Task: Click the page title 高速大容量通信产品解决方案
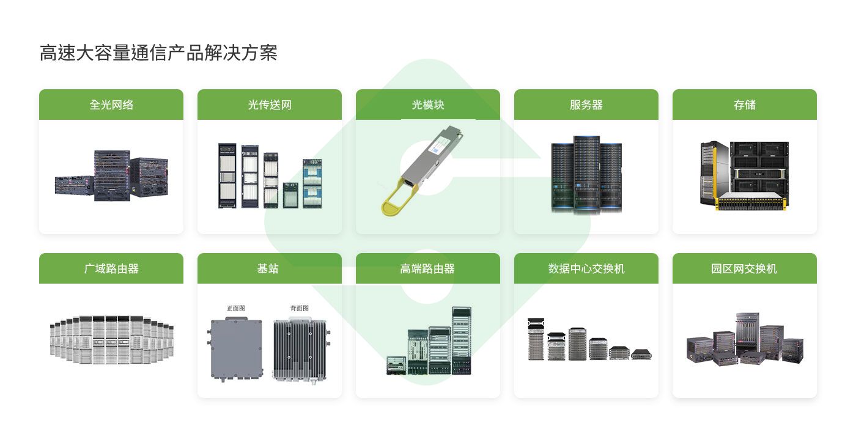[158, 53]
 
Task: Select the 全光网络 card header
[111, 105]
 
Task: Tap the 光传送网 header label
[270, 105]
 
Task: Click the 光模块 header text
[428, 105]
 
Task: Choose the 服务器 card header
[586, 105]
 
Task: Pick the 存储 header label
[745, 105]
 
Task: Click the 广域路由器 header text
[111, 268]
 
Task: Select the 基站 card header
[270, 268]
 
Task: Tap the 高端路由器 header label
[428, 268]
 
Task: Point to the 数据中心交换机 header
[586, 268]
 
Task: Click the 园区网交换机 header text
[745, 268]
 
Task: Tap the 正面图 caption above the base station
[236, 308]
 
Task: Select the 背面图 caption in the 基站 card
[300, 308]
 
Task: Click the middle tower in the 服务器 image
[586, 174]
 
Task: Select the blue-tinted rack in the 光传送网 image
[312, 183]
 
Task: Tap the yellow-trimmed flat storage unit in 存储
[750, 202]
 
